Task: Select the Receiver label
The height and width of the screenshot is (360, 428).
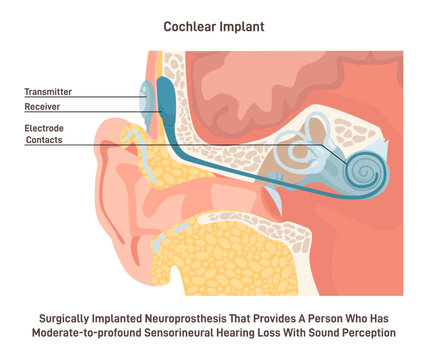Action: tap(45, 104)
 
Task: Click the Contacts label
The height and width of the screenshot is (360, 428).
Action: tap(45, 141)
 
